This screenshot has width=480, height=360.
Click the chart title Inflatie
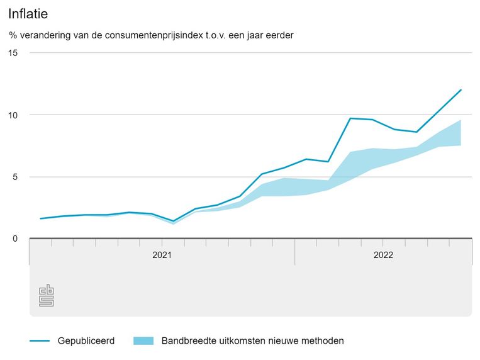pyautogui.click(x=29, y=13)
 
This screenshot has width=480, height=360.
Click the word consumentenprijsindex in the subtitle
pyautogui.click(x=160, y=35)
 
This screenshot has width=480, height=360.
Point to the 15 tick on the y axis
pyautogui.click(x=13, y=53)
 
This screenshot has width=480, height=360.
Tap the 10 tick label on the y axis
pyautogui.click(x=13, y=115)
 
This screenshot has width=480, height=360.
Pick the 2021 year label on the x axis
pyautogui.click(x=162, y=255)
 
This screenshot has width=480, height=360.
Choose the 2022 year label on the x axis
pyautogui.click(x=383, y=255)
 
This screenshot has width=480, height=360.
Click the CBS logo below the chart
pyautogui.click(x=47, y=296)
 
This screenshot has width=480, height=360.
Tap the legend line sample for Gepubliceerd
pyautogui.click(x=40, y=341)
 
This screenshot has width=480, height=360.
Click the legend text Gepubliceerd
pyautogui.click(x=86, y=341)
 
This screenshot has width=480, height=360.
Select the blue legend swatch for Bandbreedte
pyautogui.click(x=143, y=341)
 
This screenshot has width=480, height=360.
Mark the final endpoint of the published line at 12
pyautogui.click(x=461, y=90)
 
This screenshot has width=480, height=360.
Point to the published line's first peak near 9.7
pyautogui.click(x=350, y=118)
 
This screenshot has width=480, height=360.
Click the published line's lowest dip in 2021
pyautogui.click(x=173, y=221)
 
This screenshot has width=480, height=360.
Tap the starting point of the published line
pyautogui.click(x=40, y=218)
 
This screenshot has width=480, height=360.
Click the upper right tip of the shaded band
pyautogui.click(x=461, y=120)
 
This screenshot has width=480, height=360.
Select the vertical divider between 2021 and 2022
pyautogui.click(x=295, y=252)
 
